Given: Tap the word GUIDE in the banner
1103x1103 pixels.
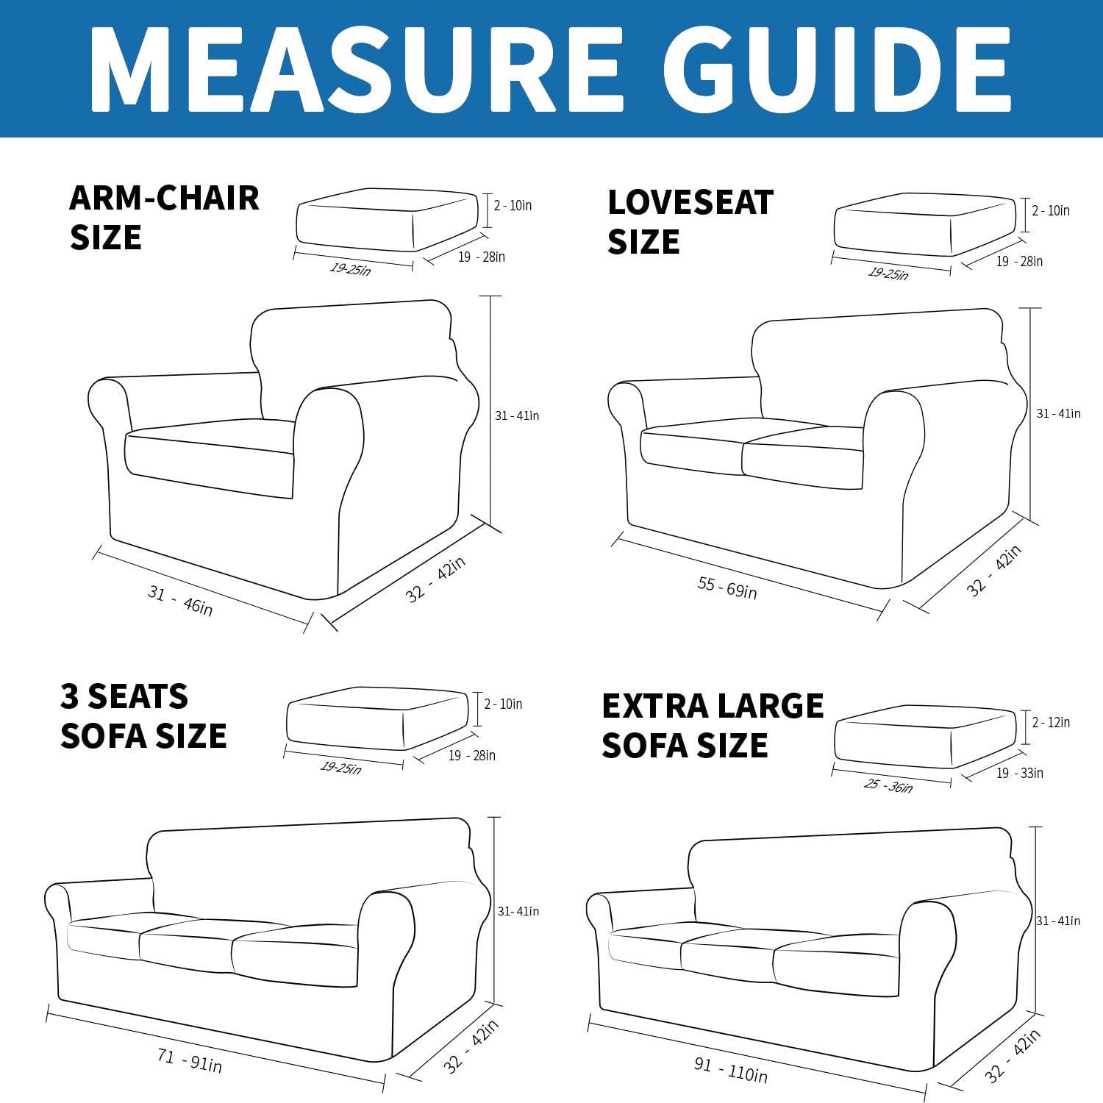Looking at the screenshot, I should pyautogui.click(x=838, y=70).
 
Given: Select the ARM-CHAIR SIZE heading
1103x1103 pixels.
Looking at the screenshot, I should pyautogui.click(x=164, y=218).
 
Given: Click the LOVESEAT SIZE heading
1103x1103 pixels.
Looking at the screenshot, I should pyautogui.click(x=690, y=222).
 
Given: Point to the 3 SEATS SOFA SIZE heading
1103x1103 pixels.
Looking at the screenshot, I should pyautogui.click(x=143, y=716).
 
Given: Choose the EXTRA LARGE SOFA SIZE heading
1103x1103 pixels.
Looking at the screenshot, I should pyautogui.click(x=712, y=726).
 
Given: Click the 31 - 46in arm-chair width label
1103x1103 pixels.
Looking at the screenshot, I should pyautogui.click(x=180, y=601).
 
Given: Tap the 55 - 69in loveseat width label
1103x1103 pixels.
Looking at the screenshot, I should pyautogui.click(x=727, y=588).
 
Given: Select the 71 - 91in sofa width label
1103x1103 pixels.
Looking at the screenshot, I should pyautogui.click(x=189, y=1060).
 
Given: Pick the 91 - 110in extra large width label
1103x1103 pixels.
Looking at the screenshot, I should pyautogui.click(x=730, y=1070).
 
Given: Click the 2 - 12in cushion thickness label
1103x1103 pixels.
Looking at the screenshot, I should pyautogui.click(x=1051, y=723).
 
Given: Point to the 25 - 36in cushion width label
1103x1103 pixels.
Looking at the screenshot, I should pyautogui.click(x=888, y=786).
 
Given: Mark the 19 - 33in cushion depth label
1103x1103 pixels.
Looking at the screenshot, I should pyautogui.click(x=1019, y=773).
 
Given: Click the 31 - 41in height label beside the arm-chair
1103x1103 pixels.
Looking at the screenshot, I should pyautogui.click(x=516, y=416).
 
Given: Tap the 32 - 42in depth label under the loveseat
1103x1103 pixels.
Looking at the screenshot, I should pyautogui.click(x=993, y=571).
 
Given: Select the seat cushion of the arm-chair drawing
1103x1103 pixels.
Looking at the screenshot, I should pyautogui.click(x=210, y=460).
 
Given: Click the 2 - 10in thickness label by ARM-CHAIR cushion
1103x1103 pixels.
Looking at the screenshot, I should pyautogui.click(x=513, y=206).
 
